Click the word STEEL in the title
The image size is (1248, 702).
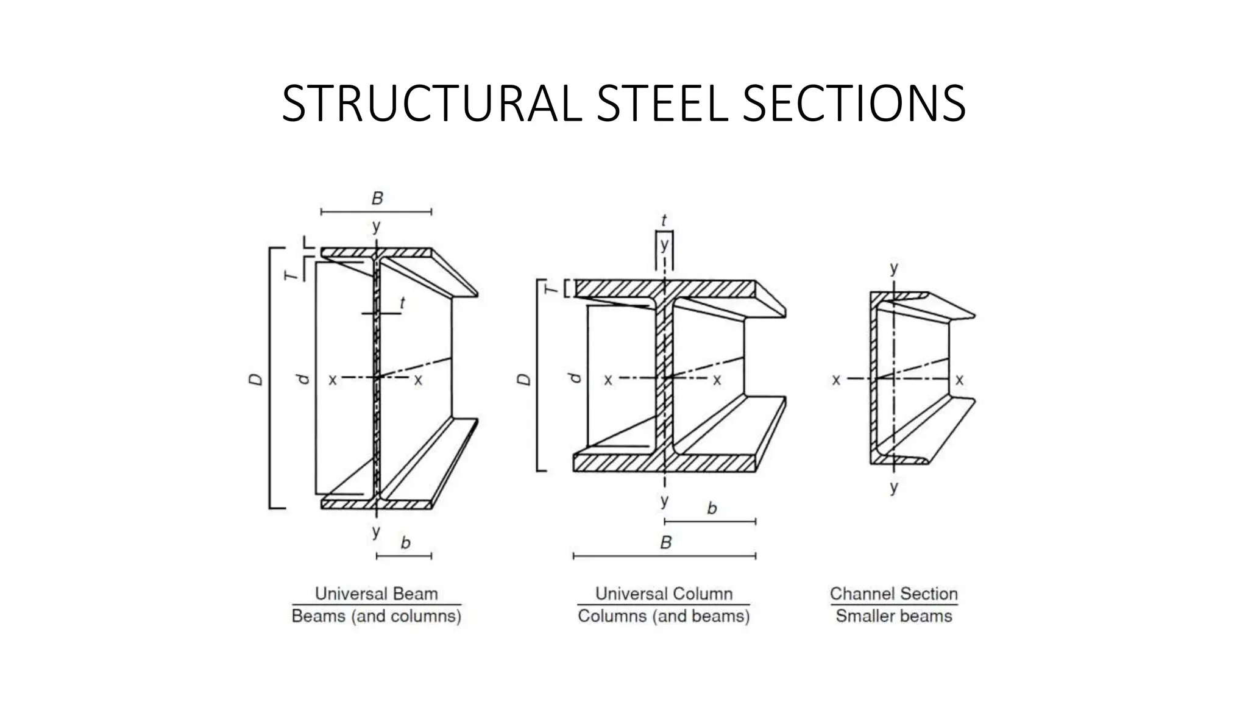[x=662, y=104]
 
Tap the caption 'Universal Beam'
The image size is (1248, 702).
[x=376, y=594]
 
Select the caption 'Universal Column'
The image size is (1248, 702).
[x=664, y=594]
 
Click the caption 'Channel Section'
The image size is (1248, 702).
[x=893, y=594]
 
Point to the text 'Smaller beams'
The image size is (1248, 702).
[x=893, y=616]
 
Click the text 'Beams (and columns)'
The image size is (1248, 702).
[x=376, y=616]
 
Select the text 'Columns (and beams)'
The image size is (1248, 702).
[x=664, y=616]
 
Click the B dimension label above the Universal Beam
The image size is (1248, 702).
[x=377, y=199]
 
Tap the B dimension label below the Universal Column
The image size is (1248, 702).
[x=665, y=542]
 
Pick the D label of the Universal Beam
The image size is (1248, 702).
[x=257, y=379]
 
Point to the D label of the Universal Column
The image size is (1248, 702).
[x=523, y=380]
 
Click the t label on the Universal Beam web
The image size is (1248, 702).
[x=402, y=303]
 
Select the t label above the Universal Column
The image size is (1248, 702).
[x=664, y=221]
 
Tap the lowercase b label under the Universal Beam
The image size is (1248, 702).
[x=405, y=542]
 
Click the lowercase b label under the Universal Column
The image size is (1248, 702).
[x=712, y=508]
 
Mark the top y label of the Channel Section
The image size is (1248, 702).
[x=893, y=268]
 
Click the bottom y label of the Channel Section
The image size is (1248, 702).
[x=893, y=487]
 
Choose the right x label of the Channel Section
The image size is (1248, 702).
[x=959, y=380]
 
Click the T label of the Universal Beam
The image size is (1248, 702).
[x=293, y=275]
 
